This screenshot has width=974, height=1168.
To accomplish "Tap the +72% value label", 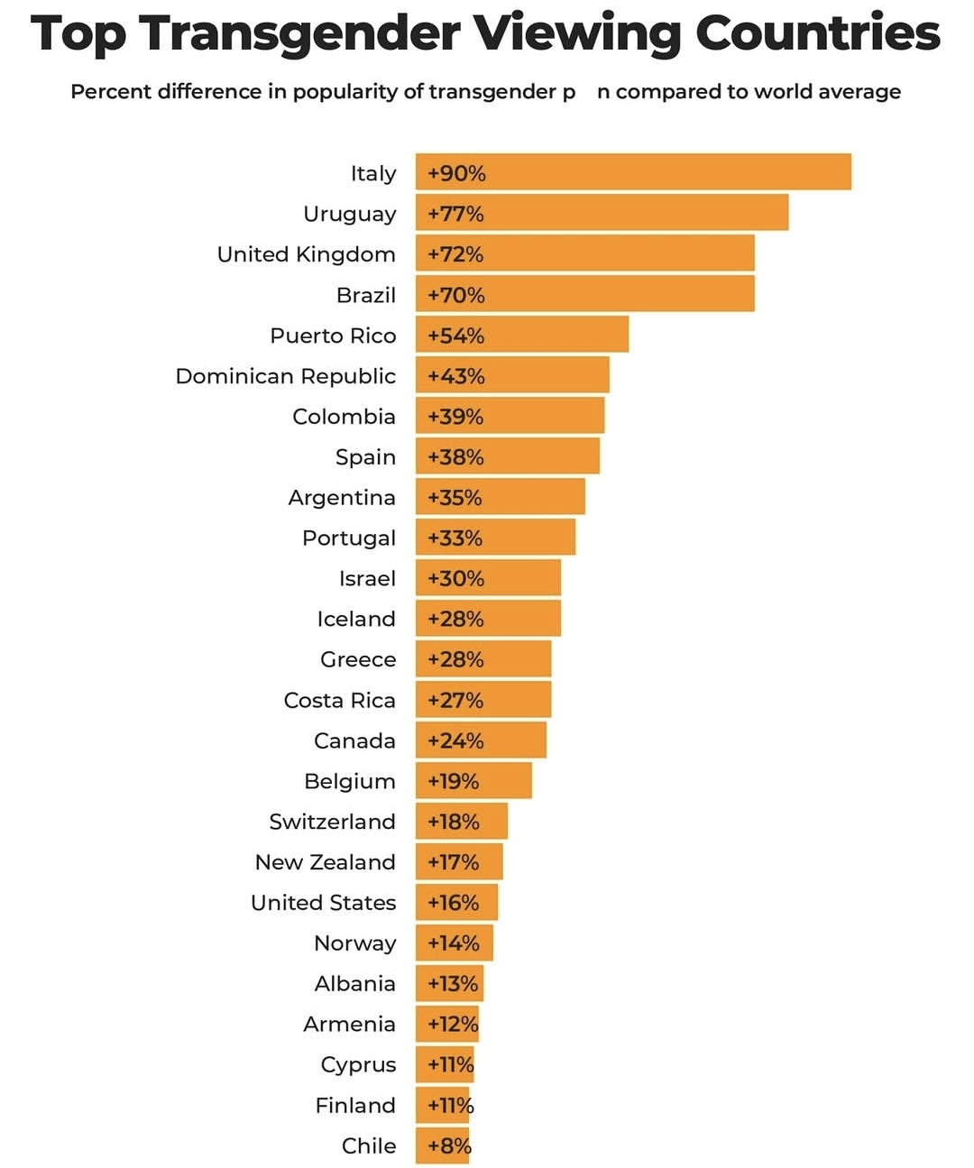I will click(x=455, y=254).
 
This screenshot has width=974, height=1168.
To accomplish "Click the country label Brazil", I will click(x=366, y=295).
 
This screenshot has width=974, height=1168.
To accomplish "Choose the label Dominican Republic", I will click(x=286, y=376).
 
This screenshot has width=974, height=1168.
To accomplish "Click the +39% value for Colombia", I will click(x=455, y=417).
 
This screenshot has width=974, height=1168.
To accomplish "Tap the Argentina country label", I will click(x=342, y=498).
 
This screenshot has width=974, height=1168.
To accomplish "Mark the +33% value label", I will click(x=455, y=538).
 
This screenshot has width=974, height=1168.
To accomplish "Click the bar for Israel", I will click(x=488, y=578).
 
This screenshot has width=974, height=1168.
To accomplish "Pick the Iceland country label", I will click(x=356, y=619).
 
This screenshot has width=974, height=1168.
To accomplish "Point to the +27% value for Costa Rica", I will click(x=455, y=700).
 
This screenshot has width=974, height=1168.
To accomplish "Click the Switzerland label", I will click(x=333, y=822).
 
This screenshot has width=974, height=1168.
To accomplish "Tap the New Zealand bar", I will click(x=459, y=862).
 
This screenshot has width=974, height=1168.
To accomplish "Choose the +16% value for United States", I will click(x=454, y=903).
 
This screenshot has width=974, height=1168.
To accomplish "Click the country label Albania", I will click(x=355, y=983).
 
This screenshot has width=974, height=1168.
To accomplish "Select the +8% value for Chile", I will click(x=449, y=1145).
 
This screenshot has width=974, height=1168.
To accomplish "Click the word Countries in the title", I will click(x=817, y=34).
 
